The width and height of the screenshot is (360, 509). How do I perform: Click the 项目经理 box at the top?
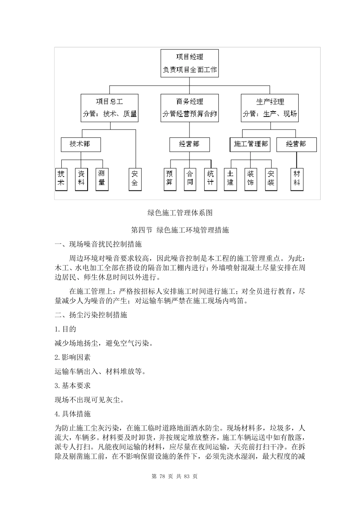189,63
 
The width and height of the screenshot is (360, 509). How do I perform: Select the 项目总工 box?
110,108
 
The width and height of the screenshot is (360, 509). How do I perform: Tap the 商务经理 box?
189,108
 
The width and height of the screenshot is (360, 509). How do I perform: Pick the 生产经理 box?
270,108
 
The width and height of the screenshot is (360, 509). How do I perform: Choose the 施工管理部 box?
250,144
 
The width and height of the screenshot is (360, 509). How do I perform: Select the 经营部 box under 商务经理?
189,144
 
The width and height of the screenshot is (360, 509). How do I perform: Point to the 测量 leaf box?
102,179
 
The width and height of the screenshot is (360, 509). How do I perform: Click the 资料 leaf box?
81,179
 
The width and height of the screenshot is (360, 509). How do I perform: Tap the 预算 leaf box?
170,179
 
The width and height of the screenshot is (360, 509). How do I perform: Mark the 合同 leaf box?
190,179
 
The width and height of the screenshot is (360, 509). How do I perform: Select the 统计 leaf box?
210,179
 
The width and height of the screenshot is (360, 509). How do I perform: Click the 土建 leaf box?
230,179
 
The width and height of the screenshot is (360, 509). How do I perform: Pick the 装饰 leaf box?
250,179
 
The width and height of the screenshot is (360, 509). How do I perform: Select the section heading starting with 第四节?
180,230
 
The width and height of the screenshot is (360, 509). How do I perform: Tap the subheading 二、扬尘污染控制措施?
91,315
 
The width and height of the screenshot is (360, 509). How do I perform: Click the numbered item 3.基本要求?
73,386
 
